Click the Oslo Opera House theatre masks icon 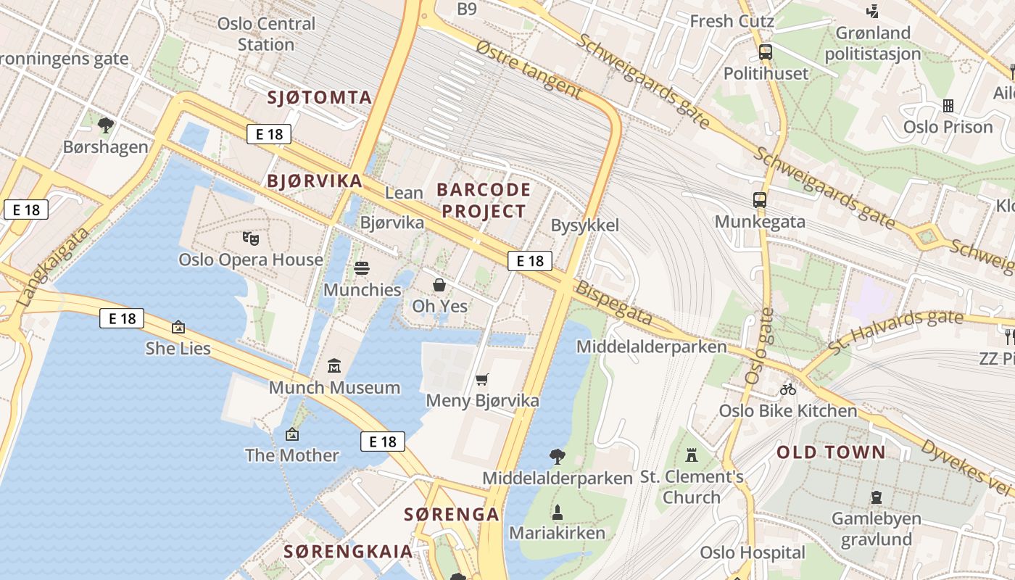point(251,237)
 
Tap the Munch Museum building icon point(334,365)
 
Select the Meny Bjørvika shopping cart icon point(482,378)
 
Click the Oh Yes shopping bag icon point(439,284)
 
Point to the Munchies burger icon point(362,268)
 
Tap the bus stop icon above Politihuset point(766,51)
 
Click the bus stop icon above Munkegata point(760,199)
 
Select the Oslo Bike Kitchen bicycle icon point(788,389)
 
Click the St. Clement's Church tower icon point(692,455)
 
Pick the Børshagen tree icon point(106,125)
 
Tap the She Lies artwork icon point(178,327)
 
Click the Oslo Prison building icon point(948,106)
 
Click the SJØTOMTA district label point(320,97)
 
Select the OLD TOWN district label point(831,452)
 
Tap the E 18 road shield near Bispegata point(529,261)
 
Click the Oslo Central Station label point(266,33)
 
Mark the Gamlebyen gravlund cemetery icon point(877,497)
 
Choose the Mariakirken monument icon point(558,512)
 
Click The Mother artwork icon point(292,434)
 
